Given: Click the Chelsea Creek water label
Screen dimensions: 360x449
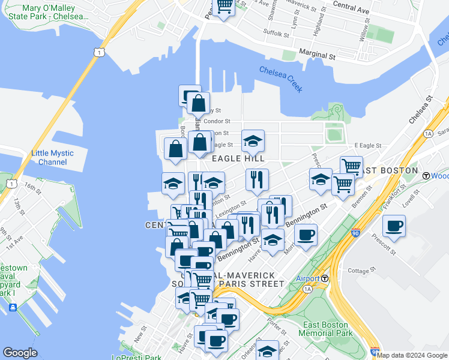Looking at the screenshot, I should coord(280,79).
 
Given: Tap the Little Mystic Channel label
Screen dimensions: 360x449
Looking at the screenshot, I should coord(52,158).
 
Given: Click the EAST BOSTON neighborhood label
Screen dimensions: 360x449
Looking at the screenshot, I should coord(388,170).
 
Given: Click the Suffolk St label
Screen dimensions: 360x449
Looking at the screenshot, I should coord(277,34).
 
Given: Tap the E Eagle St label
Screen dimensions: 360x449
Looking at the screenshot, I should coord(367,145).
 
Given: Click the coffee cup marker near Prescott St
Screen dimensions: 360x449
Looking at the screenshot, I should coord(394,226).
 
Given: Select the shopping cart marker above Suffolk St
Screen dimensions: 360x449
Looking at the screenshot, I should coord(224,6).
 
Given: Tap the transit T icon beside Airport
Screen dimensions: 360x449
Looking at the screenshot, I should coord(325,278).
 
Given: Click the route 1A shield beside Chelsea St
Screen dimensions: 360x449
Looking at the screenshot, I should coord(428,133).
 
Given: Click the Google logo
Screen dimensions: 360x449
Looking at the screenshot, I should coord(20,353).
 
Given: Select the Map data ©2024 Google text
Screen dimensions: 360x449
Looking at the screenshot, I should coord(412,356).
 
